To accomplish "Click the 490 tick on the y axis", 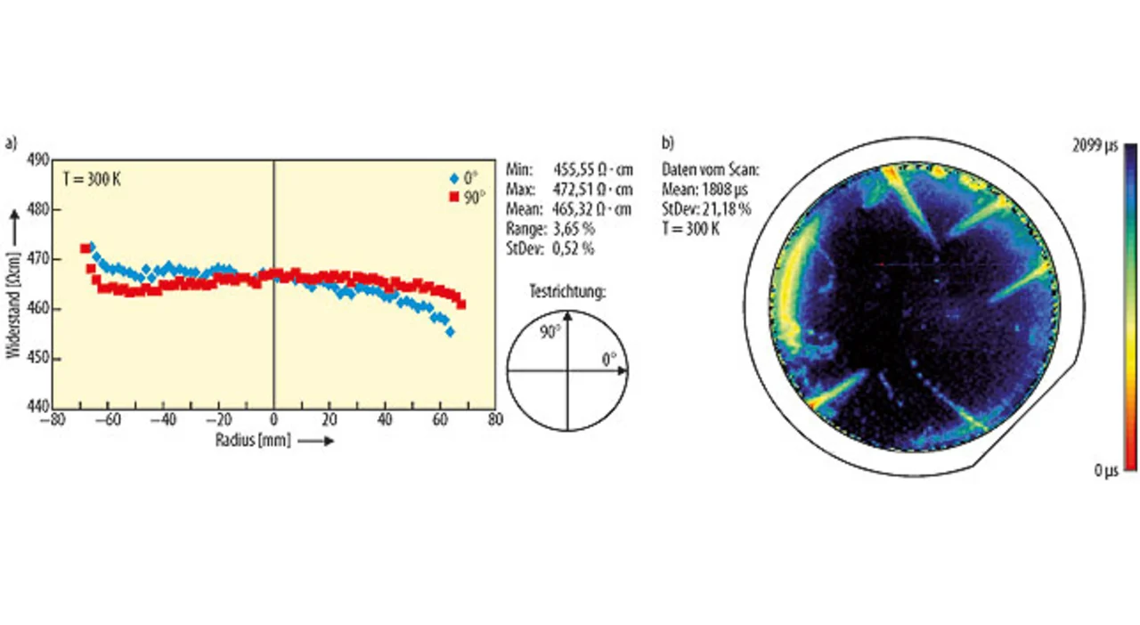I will click(39, 160).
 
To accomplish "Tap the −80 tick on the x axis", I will click(55, 421).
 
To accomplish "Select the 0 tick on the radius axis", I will click(273, 421).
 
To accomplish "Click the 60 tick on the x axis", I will click(439, 421).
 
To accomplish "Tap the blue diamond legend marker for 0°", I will click(453, 176).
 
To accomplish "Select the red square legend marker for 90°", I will click(452, 195).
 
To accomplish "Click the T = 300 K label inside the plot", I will click(93, 178).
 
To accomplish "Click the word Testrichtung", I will click(566, 291).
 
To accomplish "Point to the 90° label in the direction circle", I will click(550, 332).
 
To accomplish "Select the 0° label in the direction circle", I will click(608, 360).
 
